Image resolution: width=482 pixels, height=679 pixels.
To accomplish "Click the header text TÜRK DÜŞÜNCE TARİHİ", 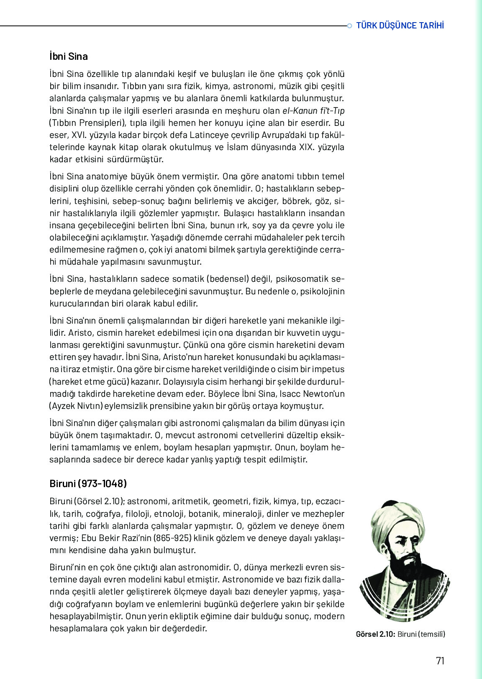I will (400, 26).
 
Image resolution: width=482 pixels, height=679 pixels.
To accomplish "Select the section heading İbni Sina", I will (69, 56).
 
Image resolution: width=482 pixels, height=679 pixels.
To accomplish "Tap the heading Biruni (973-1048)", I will (88, 484).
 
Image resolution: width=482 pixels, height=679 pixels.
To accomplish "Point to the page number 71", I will (440, 661).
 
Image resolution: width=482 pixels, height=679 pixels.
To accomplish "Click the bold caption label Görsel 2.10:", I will (375, 634).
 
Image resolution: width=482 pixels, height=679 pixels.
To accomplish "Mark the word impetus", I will (328, 369).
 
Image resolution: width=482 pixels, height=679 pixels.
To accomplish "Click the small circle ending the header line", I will (349, 26).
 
